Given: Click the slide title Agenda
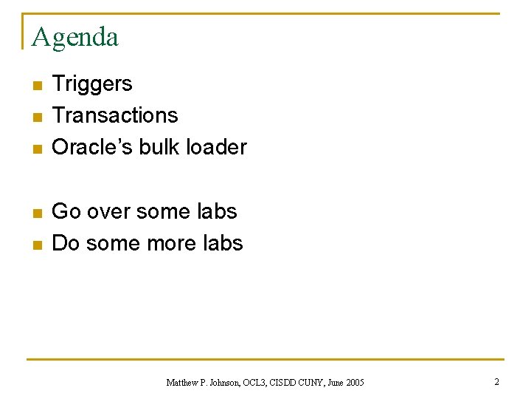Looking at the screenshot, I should tap(75, 36).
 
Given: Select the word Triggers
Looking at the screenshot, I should tap(92, 83).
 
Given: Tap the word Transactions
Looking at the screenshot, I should tap(115, 115).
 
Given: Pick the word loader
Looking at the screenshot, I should tap(216, 147).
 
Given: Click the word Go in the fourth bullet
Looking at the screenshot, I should tap(66, 211).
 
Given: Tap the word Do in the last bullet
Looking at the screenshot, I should tap(66, 243).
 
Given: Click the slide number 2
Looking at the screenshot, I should tap(496, 382).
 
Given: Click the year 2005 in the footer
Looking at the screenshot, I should tap(354, 383).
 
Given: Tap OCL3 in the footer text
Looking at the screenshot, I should tap(257, 383).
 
